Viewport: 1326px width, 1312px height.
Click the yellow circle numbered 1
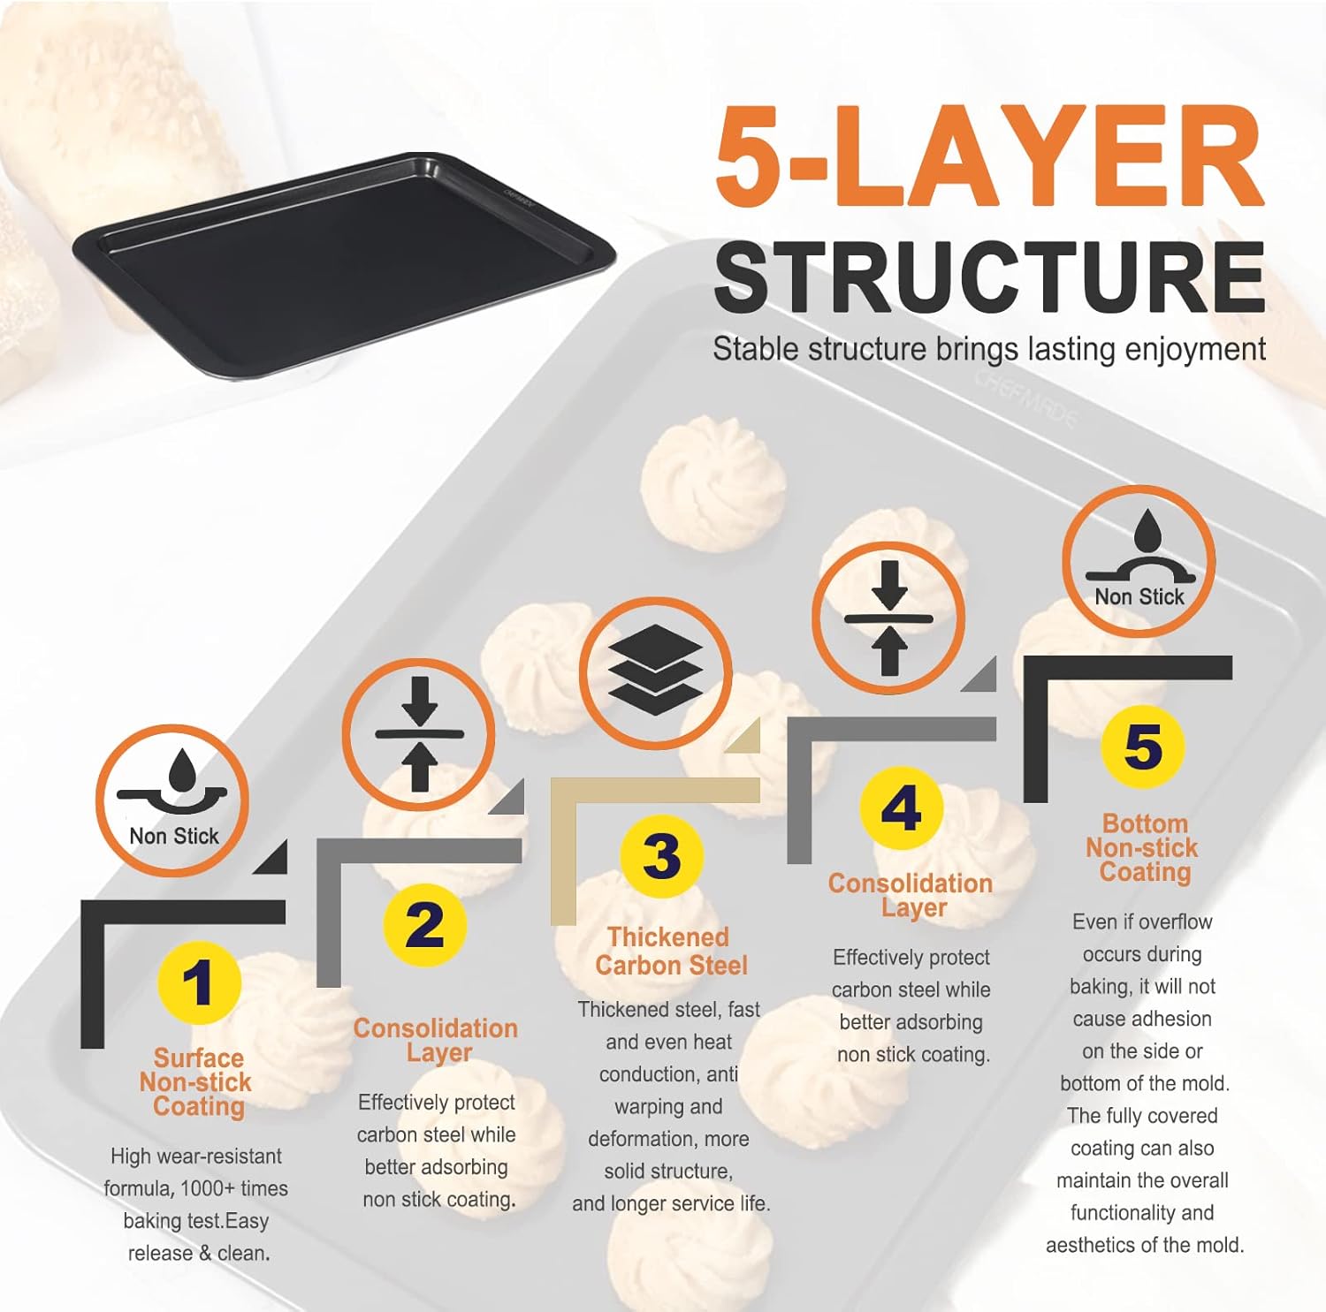pos(199,983)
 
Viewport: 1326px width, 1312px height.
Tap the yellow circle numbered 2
pos(425,925)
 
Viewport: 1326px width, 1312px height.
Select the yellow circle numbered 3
pos(662,856)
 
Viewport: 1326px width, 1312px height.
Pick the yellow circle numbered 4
pos(902,808)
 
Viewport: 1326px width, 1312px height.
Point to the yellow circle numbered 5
pos(1143,747)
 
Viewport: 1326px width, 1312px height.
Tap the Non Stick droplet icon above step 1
pos(172,800)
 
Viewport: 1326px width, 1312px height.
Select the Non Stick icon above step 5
pos(1139,562)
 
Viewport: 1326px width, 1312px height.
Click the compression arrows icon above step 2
pos(419,734)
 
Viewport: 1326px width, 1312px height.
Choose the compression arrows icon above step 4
pos(888,618)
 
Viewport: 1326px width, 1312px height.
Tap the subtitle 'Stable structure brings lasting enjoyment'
pos(989,350)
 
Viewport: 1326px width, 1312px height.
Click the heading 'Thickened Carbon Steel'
pos(671,952)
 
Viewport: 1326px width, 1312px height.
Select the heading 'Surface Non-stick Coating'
pos(196,1082)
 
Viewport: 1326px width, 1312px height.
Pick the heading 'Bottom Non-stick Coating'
pos(1143,848)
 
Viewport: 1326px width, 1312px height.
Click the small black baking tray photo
pos(343,264)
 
